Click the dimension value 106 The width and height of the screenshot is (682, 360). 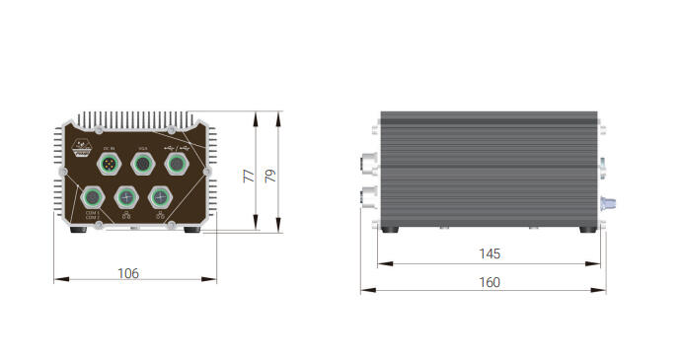click(128, 272)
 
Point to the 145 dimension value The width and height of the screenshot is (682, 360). click(489, 253)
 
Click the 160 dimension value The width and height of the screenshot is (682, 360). click(489, 282)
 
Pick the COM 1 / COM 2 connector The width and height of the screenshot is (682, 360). click(93, 196)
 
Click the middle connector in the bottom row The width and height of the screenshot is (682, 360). click(125, 196)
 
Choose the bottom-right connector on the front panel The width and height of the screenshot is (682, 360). click(158, 196)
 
